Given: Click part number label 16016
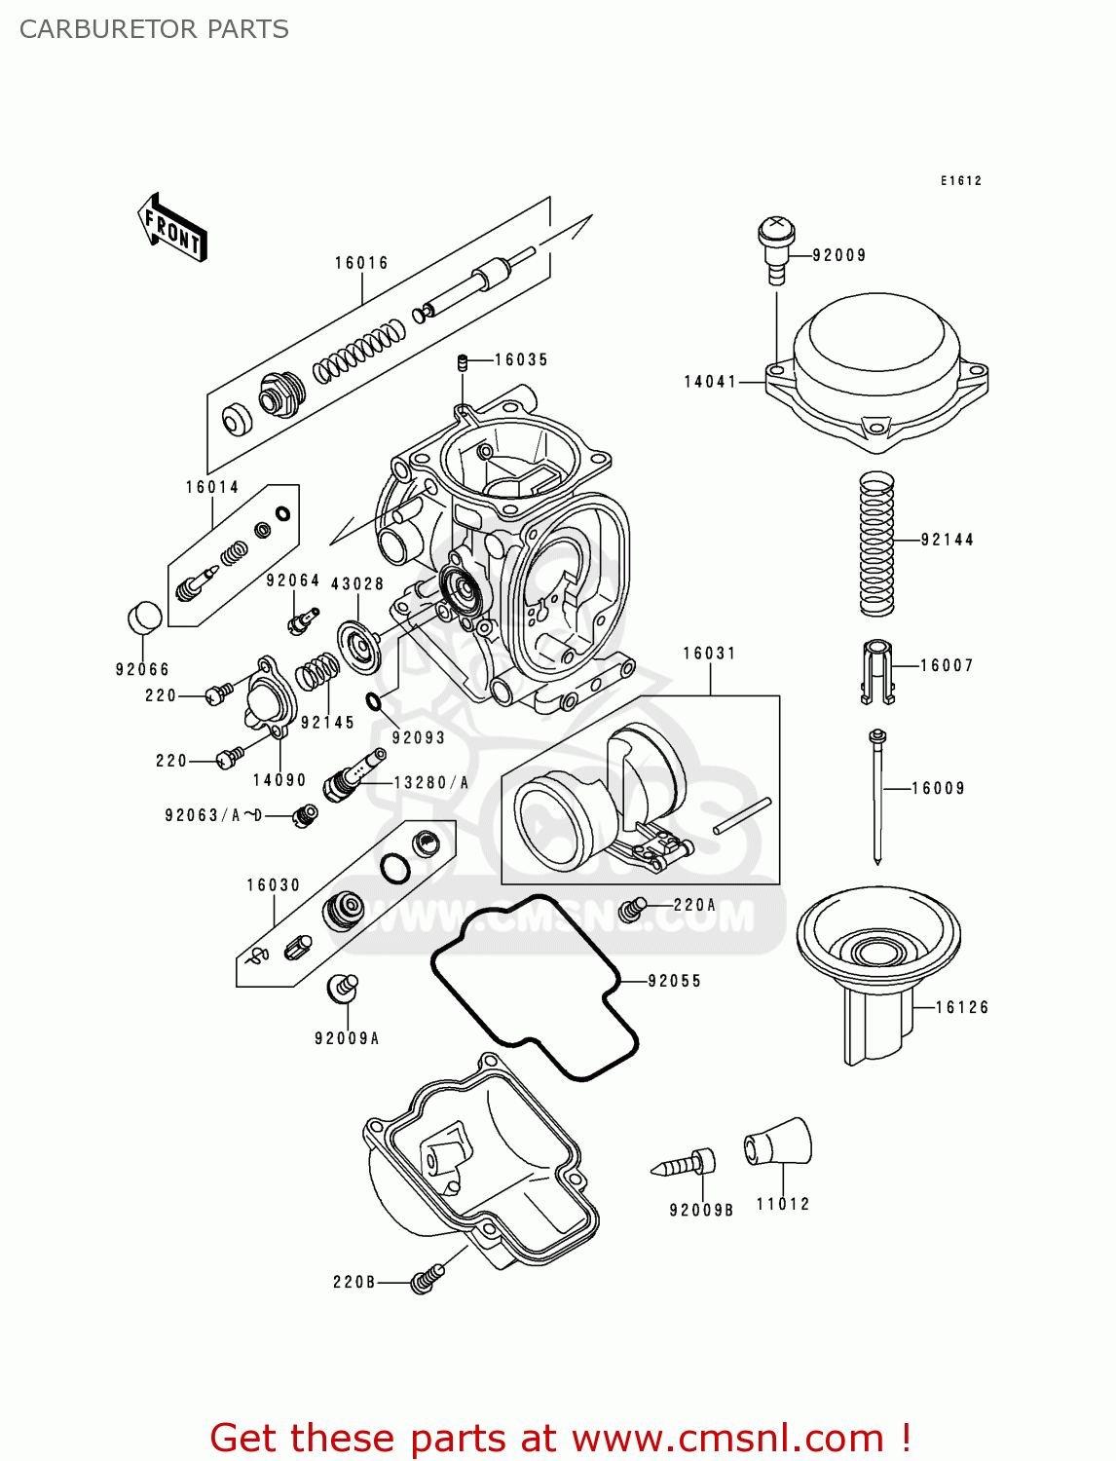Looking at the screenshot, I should point(361,263).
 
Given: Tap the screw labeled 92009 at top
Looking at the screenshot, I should point(776,245).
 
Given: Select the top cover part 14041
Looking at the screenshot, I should point(876,370).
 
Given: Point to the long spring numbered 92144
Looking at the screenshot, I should point(876,543).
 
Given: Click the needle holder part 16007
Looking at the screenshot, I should point(877,670).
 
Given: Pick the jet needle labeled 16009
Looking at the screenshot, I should point(877,794).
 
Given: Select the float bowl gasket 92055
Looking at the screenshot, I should point(534,986).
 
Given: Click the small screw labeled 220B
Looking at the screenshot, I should point(426,1279).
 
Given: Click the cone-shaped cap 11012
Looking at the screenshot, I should point(779,1143).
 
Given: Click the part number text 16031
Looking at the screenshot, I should point(709,654).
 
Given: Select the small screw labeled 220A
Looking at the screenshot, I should point(633,909).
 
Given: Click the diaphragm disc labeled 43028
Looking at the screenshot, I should point(359,646).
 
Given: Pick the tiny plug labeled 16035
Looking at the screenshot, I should point(464,363).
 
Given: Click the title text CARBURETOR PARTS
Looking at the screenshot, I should point(154,29).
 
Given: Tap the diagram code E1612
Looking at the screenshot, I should point(960,181).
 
